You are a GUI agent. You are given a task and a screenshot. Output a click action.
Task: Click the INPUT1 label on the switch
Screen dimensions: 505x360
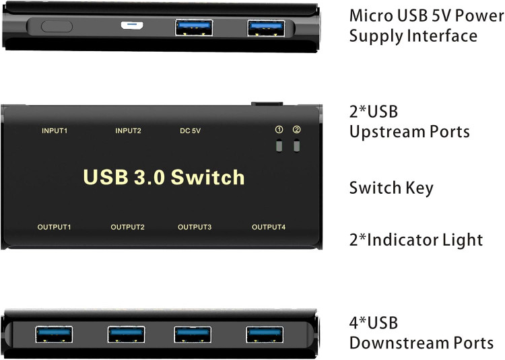[x=55, y=131]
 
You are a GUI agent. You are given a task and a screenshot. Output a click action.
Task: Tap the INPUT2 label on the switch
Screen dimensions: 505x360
[x=128, y=131]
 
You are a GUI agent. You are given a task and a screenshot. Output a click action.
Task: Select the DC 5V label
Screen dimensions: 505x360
[x=191, y=131]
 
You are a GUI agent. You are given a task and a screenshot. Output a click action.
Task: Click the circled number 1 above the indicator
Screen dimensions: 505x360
[x=279, y=130]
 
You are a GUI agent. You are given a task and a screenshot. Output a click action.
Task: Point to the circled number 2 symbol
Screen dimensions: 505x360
[x=297, y=130]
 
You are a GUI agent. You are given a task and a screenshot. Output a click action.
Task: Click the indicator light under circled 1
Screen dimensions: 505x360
[x=279, y=146]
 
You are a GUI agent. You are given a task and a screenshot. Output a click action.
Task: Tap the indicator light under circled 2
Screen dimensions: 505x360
[x=297, y=146]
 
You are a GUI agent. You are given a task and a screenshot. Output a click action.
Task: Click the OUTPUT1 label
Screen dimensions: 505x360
[x=54, y=227]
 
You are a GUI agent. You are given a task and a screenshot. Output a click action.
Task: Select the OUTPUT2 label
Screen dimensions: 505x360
[x=127, y=227]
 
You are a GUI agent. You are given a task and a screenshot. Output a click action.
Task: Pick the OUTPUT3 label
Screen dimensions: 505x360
[x=195, y=227]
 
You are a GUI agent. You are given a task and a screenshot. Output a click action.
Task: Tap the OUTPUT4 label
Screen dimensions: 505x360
[x=269, y=227]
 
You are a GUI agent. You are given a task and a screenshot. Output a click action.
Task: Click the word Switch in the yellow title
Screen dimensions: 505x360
[x=208, y=177]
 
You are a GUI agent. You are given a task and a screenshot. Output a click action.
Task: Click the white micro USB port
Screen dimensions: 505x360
[x=132, y=25]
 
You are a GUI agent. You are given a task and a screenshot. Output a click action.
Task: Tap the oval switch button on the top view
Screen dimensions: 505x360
[x=57, y=26]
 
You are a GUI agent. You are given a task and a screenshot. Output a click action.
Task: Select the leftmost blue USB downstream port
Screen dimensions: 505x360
[x=54, y=334]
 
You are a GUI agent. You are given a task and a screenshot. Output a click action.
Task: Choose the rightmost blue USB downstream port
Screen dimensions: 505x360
[x=265, y=334]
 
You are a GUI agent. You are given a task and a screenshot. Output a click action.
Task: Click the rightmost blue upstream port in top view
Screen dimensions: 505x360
[x=266, y=28]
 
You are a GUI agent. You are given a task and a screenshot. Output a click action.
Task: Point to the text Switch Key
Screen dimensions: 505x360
[x=391, y=188]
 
